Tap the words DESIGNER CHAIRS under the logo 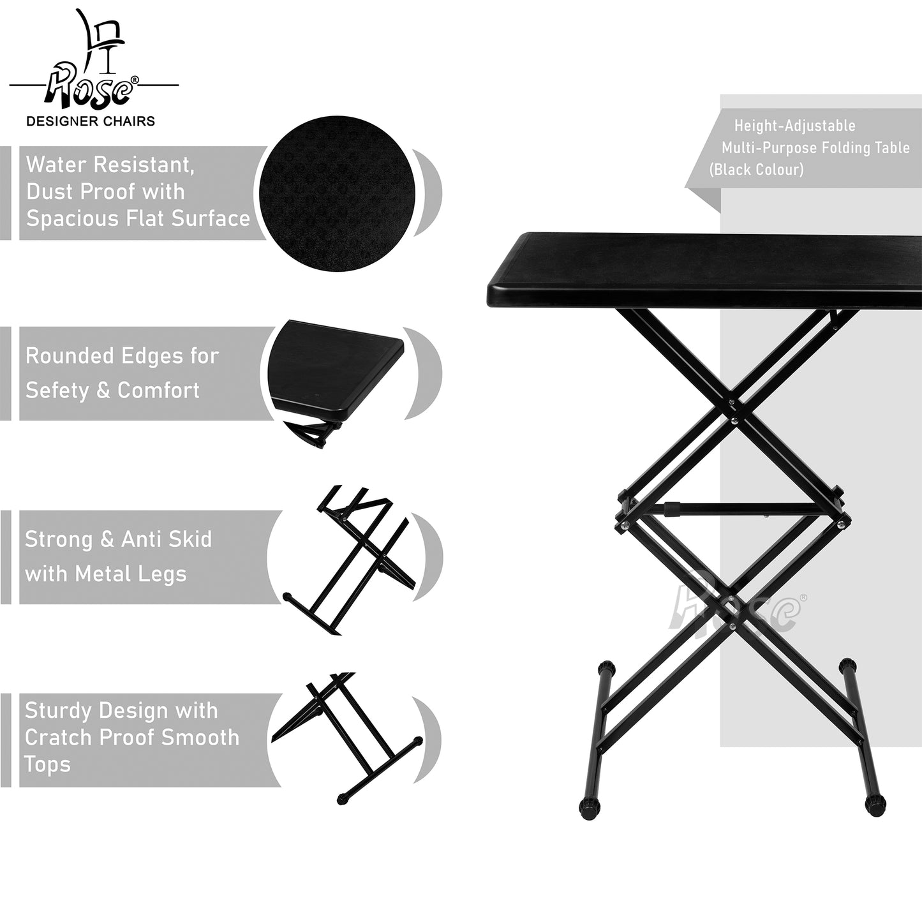pyautogui.click(x=91, y=121)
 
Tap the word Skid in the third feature pyautogui.click(x=190, y=539)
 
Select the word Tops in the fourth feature pyautogui.click(x=47, y=764)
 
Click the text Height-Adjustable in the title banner pyautogui.click(x=795, y=126)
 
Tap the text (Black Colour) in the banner pyautogui.click(x=757, y=169)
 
